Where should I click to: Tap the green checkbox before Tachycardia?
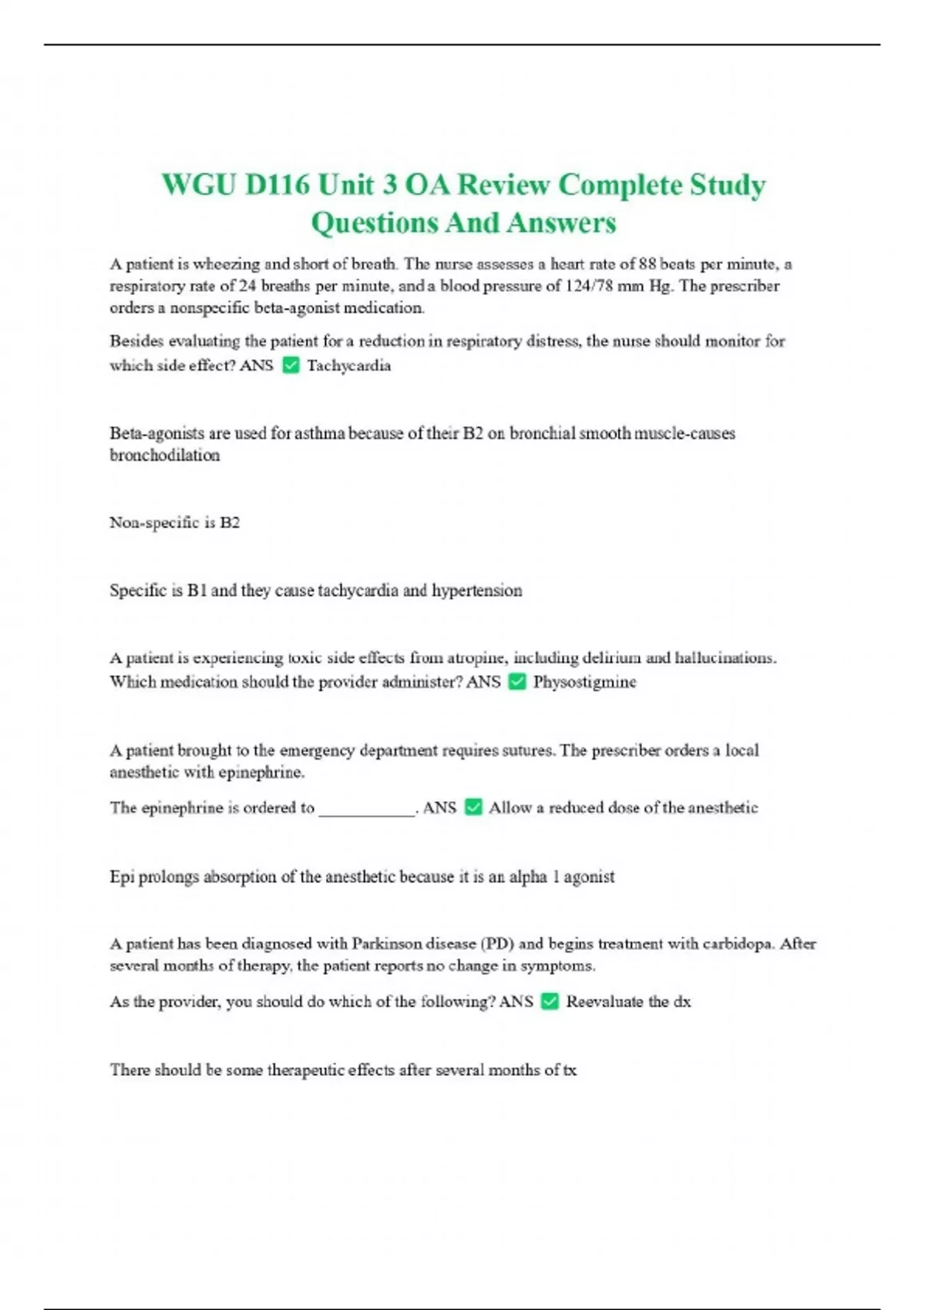[291, 365]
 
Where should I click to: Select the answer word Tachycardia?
[348, 365]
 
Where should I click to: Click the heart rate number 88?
[647, 264]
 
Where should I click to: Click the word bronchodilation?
[164, 455]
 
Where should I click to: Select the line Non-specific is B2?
[174, 522]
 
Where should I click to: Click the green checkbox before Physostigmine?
[517, 682]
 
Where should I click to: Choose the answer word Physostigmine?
[584, 682]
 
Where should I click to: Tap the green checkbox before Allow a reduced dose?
[473, 808]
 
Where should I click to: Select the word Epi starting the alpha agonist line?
[122, 877]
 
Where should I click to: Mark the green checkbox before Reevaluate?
[550, 1002]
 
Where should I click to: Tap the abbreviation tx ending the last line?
[569, 1070]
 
